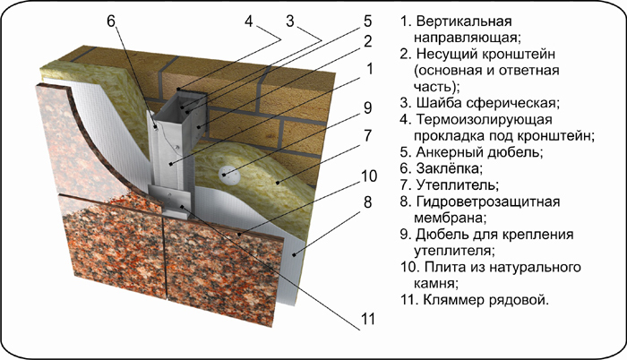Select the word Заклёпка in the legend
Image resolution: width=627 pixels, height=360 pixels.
442,169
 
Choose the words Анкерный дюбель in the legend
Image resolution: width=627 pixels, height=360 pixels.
476,152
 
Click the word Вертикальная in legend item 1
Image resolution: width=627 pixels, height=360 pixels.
462,21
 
